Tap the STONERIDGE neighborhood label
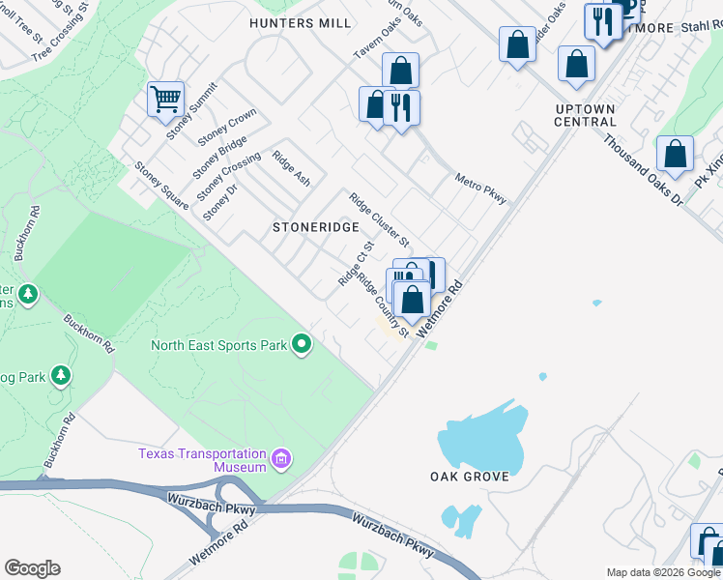[x=315, y=227]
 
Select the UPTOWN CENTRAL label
[x=586, y=115]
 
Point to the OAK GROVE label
[x=470, y=477]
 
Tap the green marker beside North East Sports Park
[x=303, y=344]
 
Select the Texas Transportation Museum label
[x=201, y=460]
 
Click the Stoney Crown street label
[x=227, y=128]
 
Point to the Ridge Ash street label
[x=291, y=168]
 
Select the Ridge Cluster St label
[x=380, y=219]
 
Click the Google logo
[x=32, y=568]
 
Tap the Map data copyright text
[x=663, y=572]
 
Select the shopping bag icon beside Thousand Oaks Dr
[x=675, y=154]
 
